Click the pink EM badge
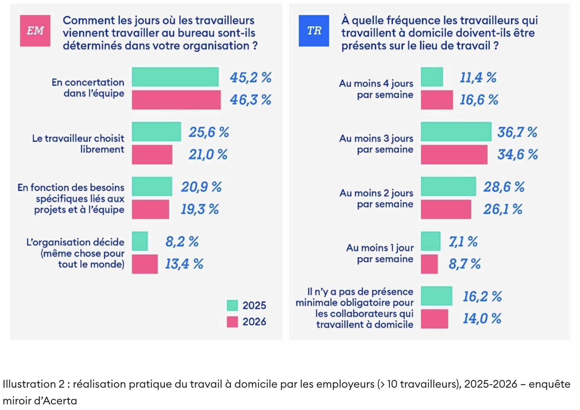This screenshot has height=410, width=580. point(35,31)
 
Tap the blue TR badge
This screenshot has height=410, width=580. point(314,31)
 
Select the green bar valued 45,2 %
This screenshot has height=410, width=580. point(175,77)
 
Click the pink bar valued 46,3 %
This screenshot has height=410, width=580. point(176,100)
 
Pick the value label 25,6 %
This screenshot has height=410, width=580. point(209,132)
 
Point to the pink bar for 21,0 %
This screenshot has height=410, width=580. point(152,155)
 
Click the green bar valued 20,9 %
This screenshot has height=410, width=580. point(152,187)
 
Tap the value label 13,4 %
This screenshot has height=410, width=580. point(184,264)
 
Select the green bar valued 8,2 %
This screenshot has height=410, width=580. point(140,241)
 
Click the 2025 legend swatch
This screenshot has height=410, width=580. point(232,305)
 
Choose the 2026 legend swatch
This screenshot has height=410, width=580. point(232,322)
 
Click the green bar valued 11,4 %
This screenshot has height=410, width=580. point(432,77)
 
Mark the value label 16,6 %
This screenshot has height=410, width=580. point(479,100)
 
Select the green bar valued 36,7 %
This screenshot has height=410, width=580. point(456,131)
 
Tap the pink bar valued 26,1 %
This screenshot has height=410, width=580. point(446,209)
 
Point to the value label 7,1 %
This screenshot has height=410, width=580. point(463,242)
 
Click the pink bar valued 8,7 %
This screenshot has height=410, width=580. point(429,264)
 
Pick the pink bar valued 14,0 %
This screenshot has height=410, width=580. point(434,319)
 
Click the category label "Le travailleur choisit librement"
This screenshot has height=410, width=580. point(78,144)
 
